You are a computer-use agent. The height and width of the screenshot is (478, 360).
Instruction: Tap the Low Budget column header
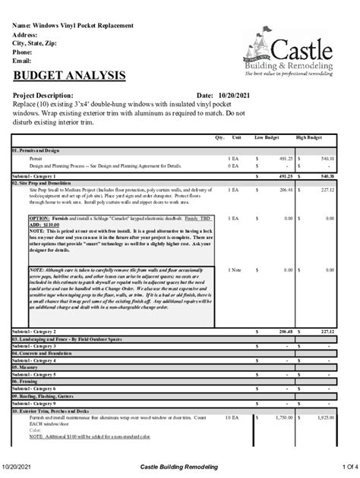point(267,138)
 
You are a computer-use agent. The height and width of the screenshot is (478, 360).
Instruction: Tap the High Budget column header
point(310,138)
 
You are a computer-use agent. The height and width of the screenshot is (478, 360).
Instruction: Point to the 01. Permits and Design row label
point(35,150)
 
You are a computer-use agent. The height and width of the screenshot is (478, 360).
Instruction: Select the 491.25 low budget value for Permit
point(285,158)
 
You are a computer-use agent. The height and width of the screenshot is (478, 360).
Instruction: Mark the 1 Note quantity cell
point(234,270)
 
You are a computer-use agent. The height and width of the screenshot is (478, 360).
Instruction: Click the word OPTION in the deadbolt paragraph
point(39,217)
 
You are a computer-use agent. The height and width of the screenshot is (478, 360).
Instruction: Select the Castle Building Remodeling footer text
point(179,465)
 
